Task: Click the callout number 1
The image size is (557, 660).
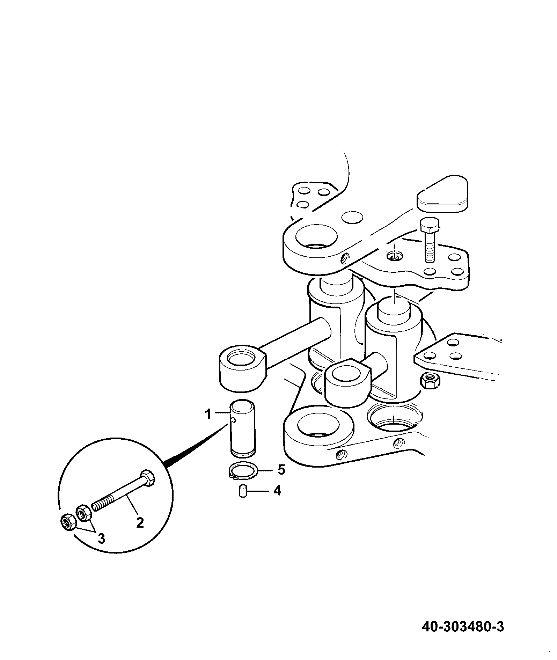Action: coord(208,415)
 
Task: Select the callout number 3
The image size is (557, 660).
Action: coord(101,549)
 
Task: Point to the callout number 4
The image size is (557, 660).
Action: coord(277,491)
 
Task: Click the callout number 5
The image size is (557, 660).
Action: coord(281,470)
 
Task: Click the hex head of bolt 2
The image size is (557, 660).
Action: coord(147,478)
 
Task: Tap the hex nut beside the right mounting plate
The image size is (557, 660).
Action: coord(430,380)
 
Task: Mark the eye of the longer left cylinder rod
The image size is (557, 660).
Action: coord(242,366)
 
